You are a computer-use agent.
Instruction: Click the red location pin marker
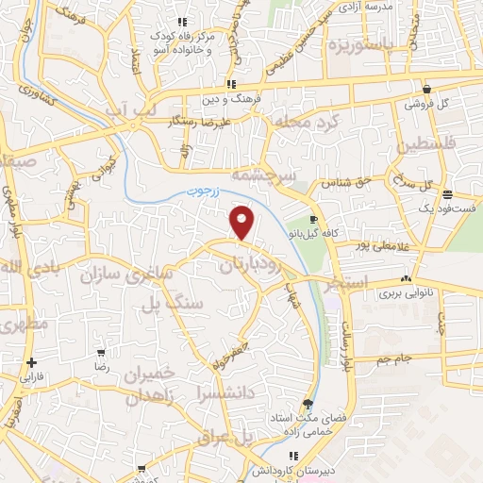tap(242, 223)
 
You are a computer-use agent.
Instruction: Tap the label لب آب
tap(133, 110)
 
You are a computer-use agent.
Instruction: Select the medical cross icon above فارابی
tap(33, 362)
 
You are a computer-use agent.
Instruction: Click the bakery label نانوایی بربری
tap(405, 294)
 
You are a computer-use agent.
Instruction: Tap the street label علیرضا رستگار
tap(207, 123)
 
